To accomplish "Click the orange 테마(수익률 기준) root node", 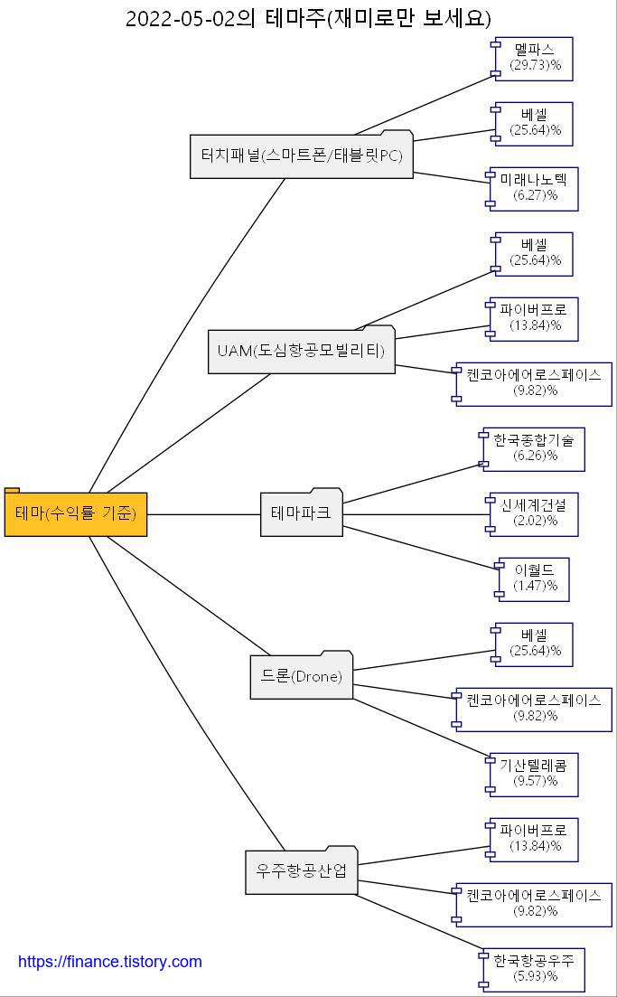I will (76, 513).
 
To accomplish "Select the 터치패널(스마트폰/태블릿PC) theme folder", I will (301, 155).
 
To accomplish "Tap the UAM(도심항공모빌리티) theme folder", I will (301, 351).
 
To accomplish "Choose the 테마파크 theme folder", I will (301, 513).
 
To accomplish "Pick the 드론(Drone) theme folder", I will (301, 676).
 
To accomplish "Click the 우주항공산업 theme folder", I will (301, 871).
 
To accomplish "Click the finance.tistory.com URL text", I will (110, 962).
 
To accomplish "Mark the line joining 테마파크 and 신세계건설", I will (416, 514).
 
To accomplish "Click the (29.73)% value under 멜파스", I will (535, 66).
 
